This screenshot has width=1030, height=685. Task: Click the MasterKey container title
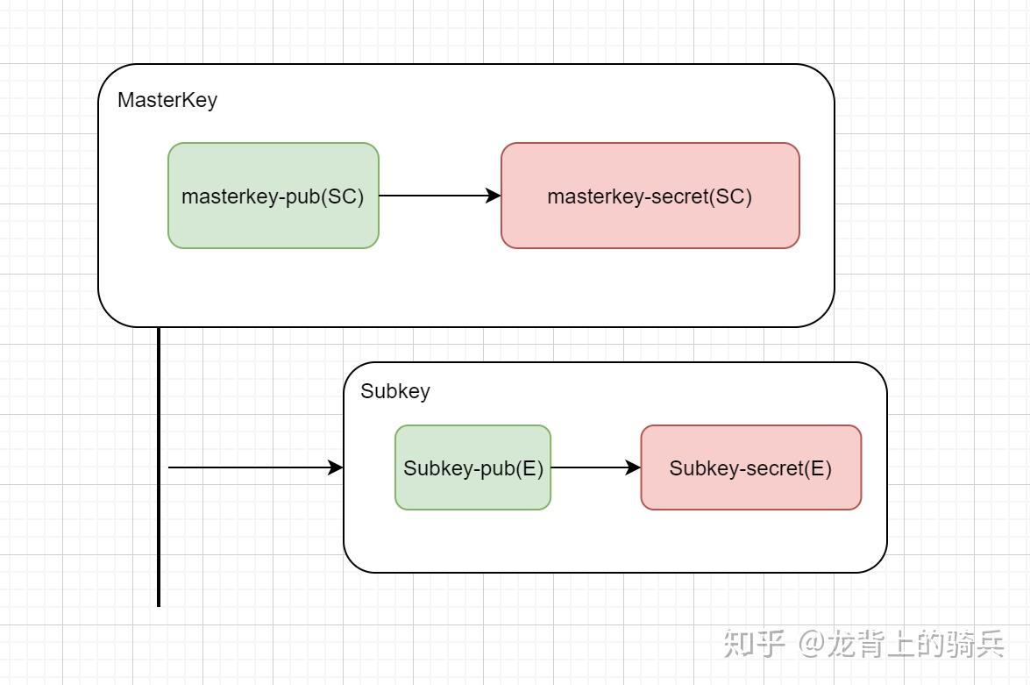point(167,100)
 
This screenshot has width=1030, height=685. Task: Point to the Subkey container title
point(395,391)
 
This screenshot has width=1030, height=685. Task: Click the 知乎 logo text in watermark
point(754,644)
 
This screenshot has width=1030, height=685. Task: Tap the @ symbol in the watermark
point(813,645)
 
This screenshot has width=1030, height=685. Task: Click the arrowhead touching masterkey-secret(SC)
point(494,196)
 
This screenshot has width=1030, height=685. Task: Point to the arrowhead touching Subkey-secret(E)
point(633,467)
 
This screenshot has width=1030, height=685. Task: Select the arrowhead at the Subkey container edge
point(336,467)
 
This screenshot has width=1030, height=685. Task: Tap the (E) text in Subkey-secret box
point(815,468)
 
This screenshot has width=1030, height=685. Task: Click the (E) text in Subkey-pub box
point(529,468)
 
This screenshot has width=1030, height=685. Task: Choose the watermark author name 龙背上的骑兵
point(916,645)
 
